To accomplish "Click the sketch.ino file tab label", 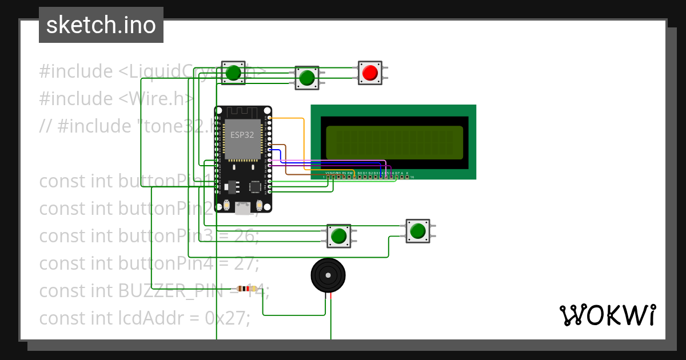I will (101, 25).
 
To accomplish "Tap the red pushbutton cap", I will (370, 73).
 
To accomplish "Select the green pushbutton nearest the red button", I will (307, 77).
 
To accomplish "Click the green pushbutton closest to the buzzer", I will (338, 235).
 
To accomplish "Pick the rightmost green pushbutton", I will (417, 230).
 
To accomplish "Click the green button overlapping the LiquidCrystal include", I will (233, 73).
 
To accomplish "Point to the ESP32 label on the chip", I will (242, 135).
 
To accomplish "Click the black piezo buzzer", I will (328, 275).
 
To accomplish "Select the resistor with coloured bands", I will (246, 289).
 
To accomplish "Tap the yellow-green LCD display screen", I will (394, 142).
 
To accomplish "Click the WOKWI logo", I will (607, 315).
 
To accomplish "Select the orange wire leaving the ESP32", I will (294, 118).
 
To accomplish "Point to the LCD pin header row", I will (366, 177).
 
